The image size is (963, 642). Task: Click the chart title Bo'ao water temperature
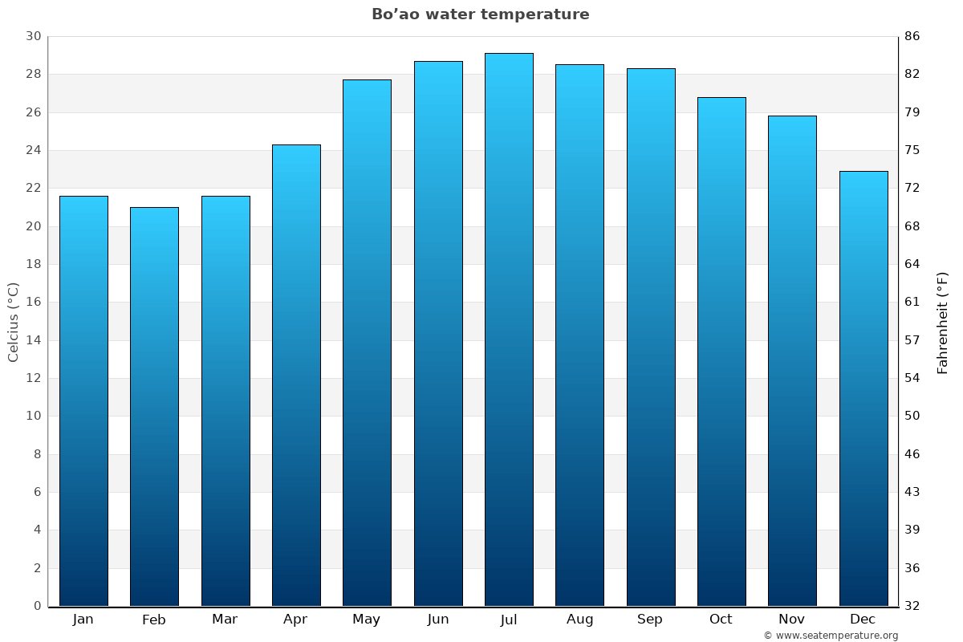pyautogui.click(x=480, y=14)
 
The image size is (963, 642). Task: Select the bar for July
pyautogui.click(x=509, y=329)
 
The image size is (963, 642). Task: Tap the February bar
pyautogui.click(x=154, y=406)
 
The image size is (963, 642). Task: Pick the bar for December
pyautogui.click(x=863, y=388)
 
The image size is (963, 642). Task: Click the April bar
pyautogui.click(x=296, y=375)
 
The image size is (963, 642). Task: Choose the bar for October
pyautogui.click(x=721, y=351)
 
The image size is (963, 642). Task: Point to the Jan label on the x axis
pyautogui.click(x=83, y=620)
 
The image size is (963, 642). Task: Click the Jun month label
pyautogui.click(x=438, y=620)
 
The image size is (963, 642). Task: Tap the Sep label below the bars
pyautogui.click(x=650, y=620)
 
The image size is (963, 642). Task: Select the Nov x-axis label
pyautogui.click(x=792, y=620)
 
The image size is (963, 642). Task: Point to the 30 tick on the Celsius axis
pyautogui.click(x=33, y=36)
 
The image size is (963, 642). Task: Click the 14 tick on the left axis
pyautogui.click(x=33, y=340)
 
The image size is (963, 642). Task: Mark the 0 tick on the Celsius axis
pyautogui.click(x=37, y=606)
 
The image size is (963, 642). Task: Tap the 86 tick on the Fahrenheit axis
pyautogui.click(x=912, y=36)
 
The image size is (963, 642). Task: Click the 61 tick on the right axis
pyautogui.click(x=912, y=303)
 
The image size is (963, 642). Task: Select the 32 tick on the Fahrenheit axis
pyautogui.click(x=912, y=606)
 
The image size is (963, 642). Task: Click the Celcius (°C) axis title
pyautogui.click(x=13, y=321)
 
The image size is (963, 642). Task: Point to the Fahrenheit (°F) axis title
pyautogui.click(x=942, y=323)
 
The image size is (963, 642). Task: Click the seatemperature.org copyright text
pyautogui.click(x=831, y=636)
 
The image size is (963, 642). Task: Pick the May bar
pyautogui.click(x=367, y=343)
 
